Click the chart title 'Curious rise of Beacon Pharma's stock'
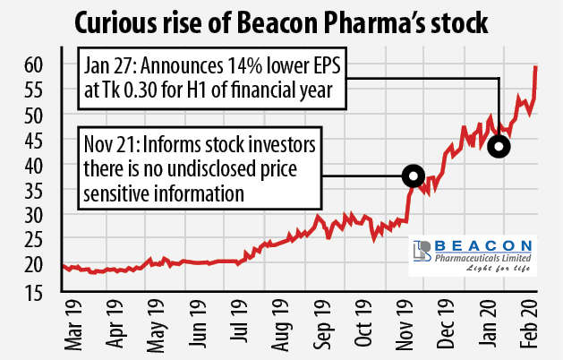pos(280,21)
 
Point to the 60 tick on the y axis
pos(34,65)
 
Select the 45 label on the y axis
pos(34,140)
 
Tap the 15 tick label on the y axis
pos(34,289)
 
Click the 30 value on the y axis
pos(34,215)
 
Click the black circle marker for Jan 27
pos(499,146)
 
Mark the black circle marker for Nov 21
pos(413,176)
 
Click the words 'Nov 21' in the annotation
pos(108,146)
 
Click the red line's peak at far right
pos(535,66)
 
